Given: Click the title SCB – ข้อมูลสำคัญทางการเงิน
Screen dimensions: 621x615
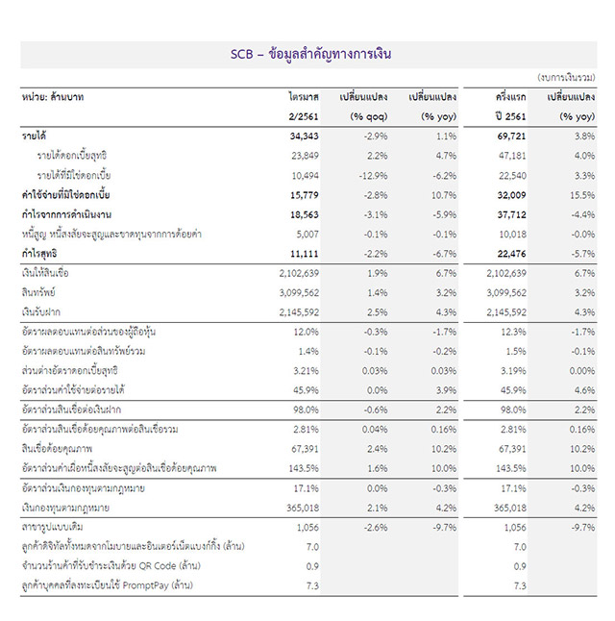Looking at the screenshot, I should pyautogui.click(x=310, y=54).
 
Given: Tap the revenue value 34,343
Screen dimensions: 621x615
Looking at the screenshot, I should pyautogui.click(x=303, y=137).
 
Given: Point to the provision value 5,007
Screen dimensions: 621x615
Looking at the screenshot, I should pyautogui.click(x=305, y=233).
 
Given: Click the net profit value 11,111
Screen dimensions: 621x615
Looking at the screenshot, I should pyautogui.click(x=303, y=252).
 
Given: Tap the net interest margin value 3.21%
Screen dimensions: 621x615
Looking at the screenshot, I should pyautogui.click(x=305, y=369).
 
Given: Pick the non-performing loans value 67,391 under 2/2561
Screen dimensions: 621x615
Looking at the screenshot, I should pyautogui.click(x=303, y=448).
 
